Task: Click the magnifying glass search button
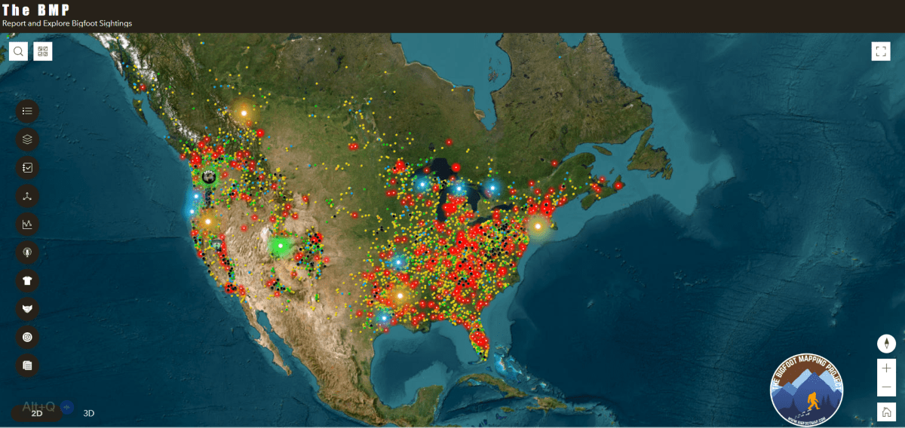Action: tap(19, 51)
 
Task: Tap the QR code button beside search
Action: tap(43, 51)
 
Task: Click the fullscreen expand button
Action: tap(881, 51)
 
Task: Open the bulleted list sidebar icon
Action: tap(28, 111)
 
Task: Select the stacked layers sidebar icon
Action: tap(28, 139)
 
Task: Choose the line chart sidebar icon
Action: tap(28, 224)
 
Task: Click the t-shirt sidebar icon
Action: tap(28, 280)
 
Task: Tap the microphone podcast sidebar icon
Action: tap(28, 252)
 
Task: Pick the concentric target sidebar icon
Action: tap(28, 337)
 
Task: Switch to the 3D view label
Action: tap(89, 413)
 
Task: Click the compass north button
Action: tap(887, 344)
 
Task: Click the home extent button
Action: tap(887, 411)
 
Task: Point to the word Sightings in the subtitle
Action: tap(115, 23)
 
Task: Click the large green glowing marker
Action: tap(281, 245)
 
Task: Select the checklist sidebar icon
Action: tap(28, 167)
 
